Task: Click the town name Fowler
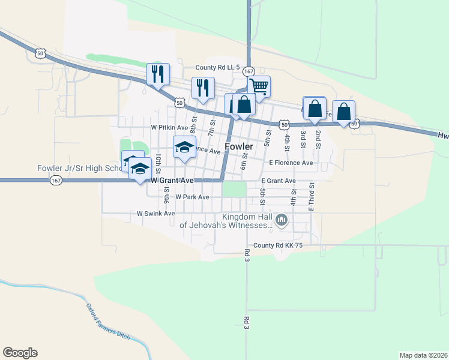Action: [239, 146]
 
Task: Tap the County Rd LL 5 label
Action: [218, 68]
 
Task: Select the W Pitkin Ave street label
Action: [170, 127]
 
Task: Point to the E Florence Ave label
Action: [291, 163]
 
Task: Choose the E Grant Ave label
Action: [279, 181]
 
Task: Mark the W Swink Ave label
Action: [155, 213]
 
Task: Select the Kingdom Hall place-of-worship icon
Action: [281, 221]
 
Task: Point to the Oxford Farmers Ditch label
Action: [108, 322]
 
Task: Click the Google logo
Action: [20, 353]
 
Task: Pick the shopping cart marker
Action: [259, 86]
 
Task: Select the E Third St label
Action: [312, 197]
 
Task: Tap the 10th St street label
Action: [157, 160]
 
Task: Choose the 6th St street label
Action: [244, 161]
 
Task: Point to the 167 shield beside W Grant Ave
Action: [56, 180]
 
